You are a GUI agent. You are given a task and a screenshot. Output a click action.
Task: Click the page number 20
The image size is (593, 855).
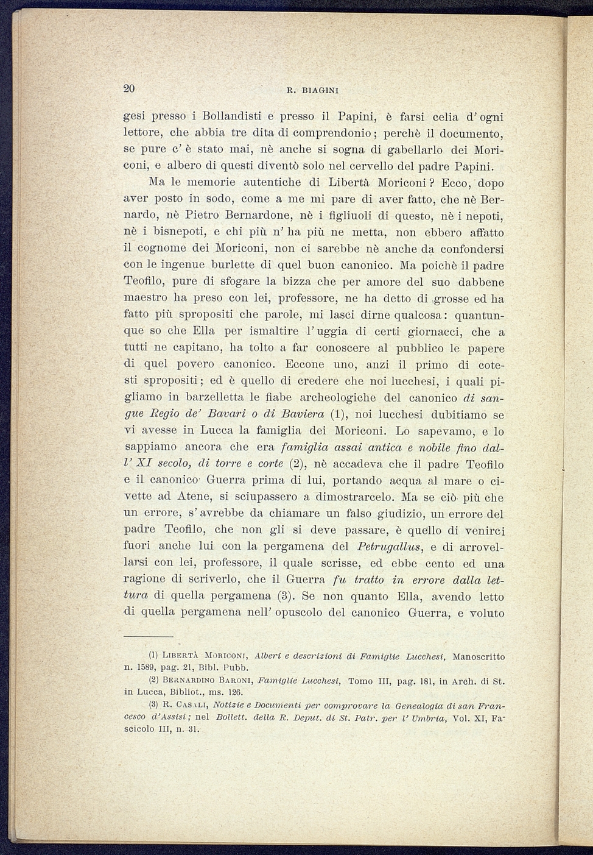coord(129,88)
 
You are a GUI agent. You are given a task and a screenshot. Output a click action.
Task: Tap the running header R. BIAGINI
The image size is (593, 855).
coord(312,91)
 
